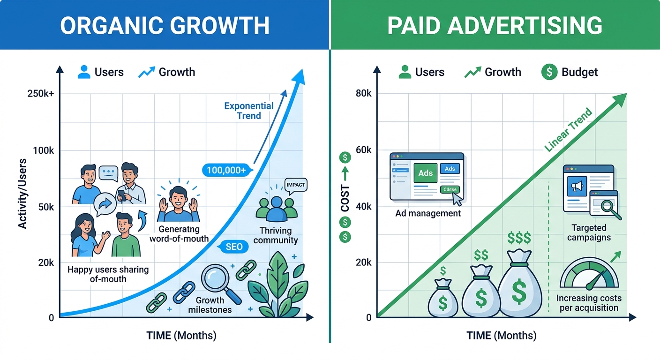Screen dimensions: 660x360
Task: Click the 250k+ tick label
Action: tap(41, 94)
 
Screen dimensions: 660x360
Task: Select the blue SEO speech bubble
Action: tap(233, 247)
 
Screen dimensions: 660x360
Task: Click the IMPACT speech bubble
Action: tap(296, 186)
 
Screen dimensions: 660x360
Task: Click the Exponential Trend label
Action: tap(249, 111)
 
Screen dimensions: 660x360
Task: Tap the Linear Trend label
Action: tap(568, 130)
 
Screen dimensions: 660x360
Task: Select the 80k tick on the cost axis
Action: tap(364, 93)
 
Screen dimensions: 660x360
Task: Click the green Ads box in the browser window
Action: tap(426, 173)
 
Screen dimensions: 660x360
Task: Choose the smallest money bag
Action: tap(443, 298)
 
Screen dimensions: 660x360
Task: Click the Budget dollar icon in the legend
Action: tap(549, 72)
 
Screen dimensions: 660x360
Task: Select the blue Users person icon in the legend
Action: tap(84, 72)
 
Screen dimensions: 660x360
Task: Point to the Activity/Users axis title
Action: tap(22, 194)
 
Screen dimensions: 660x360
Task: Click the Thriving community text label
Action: tap(276, 235)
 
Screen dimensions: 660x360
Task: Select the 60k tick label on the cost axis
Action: tap(364, 150)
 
